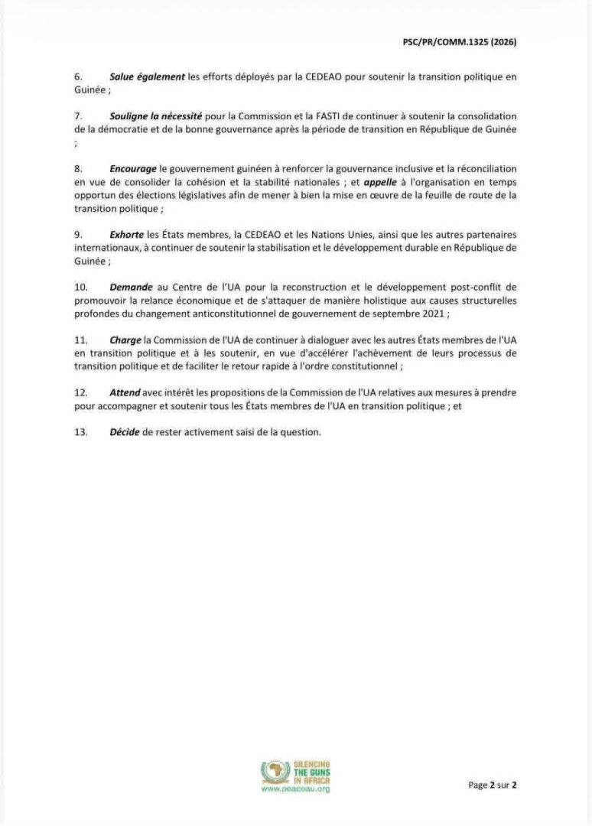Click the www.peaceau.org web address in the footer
(295, 789)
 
